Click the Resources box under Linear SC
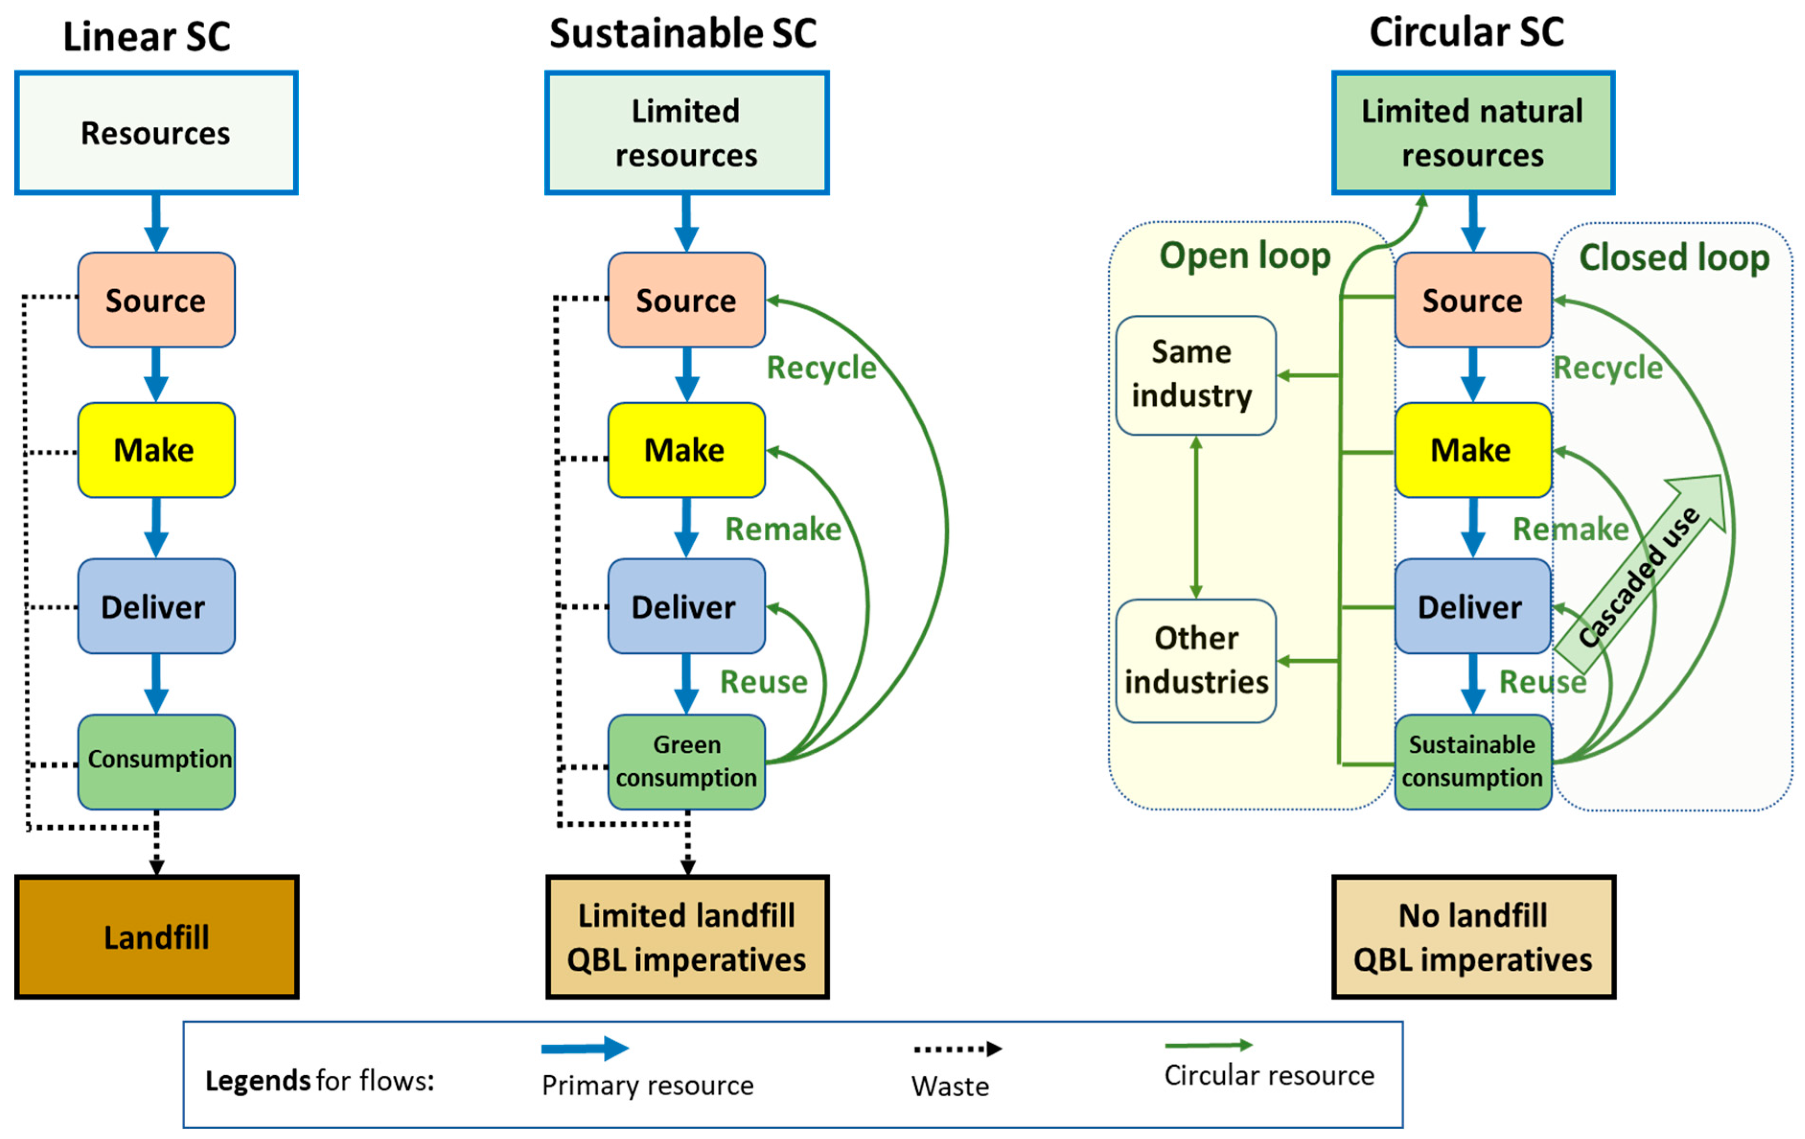[156, 133]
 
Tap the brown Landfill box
[156, 937]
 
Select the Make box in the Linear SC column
[156, 450]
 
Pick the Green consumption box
[686, 761]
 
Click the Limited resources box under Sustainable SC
[686, 133]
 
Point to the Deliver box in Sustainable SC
[686, 606]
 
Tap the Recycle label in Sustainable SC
[821, 367]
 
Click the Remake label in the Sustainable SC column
[782, 529]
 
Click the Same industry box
[1195, 375]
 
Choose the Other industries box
[1195, 660]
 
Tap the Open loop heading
[1244, 256]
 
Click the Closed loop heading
[1673, 257]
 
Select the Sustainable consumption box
[1472, 761]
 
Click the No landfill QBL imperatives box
[1472, 937]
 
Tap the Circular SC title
[1465, 32]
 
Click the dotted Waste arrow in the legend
[956, 1048]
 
